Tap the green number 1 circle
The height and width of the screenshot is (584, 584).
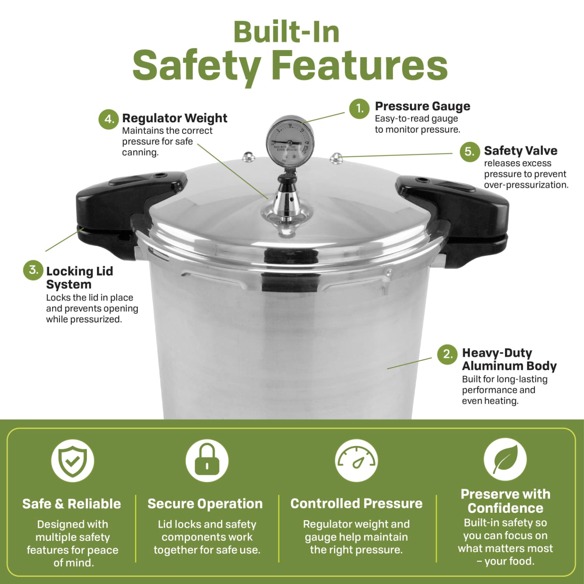point(359,109)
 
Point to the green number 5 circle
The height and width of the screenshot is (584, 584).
point(470,151)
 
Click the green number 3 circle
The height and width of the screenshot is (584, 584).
point(33,270)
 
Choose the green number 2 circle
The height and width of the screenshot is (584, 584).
point(447,354)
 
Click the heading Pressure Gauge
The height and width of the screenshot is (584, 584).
point(422,106)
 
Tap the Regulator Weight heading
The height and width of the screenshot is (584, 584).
point(175,118)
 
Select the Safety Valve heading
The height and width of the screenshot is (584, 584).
point(521,151)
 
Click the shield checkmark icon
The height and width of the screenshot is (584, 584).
point(73,461)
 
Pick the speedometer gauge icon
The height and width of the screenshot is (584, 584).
point(356,461)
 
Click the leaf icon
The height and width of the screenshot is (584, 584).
point(505,460)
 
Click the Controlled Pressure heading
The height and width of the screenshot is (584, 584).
point(356,503)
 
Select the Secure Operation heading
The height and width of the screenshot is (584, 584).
point(205,504)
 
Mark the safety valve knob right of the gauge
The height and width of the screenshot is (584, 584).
point(336,158)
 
